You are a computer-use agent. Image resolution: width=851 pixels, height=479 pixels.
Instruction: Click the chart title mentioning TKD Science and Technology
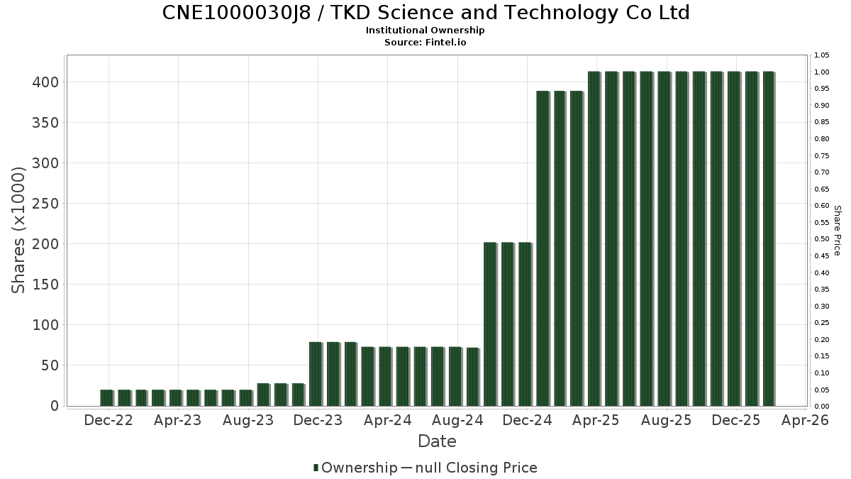(425, 13)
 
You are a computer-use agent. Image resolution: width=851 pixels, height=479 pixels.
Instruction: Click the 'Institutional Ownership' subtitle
(425, 31)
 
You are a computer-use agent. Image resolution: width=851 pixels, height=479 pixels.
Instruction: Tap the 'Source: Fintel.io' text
(425, 43)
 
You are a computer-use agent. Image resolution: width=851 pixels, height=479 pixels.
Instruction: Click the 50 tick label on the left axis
(52, 365)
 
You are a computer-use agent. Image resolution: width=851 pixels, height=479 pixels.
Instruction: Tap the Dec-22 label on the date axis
(109, 420)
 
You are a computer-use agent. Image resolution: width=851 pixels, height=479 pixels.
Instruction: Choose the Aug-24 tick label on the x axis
(457, 420)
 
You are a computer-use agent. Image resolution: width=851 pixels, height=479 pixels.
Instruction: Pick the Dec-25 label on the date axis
(736, 420)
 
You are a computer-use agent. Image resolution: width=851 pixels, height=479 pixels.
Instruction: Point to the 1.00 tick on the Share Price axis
(821, 72)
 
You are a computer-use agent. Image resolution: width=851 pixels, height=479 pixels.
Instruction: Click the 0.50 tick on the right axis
(821, 239)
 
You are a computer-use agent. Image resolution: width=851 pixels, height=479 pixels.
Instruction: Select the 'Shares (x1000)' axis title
(19, 230)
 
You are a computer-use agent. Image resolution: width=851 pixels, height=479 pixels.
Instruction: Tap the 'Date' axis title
(437, 441)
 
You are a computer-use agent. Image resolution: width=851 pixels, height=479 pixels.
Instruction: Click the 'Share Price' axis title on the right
(837, 230)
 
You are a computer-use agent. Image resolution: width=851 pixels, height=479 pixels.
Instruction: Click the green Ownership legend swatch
(316, 468)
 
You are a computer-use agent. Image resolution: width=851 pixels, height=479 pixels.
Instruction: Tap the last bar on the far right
(769, 238)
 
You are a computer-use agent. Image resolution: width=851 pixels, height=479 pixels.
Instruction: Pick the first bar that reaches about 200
(490, 324)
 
